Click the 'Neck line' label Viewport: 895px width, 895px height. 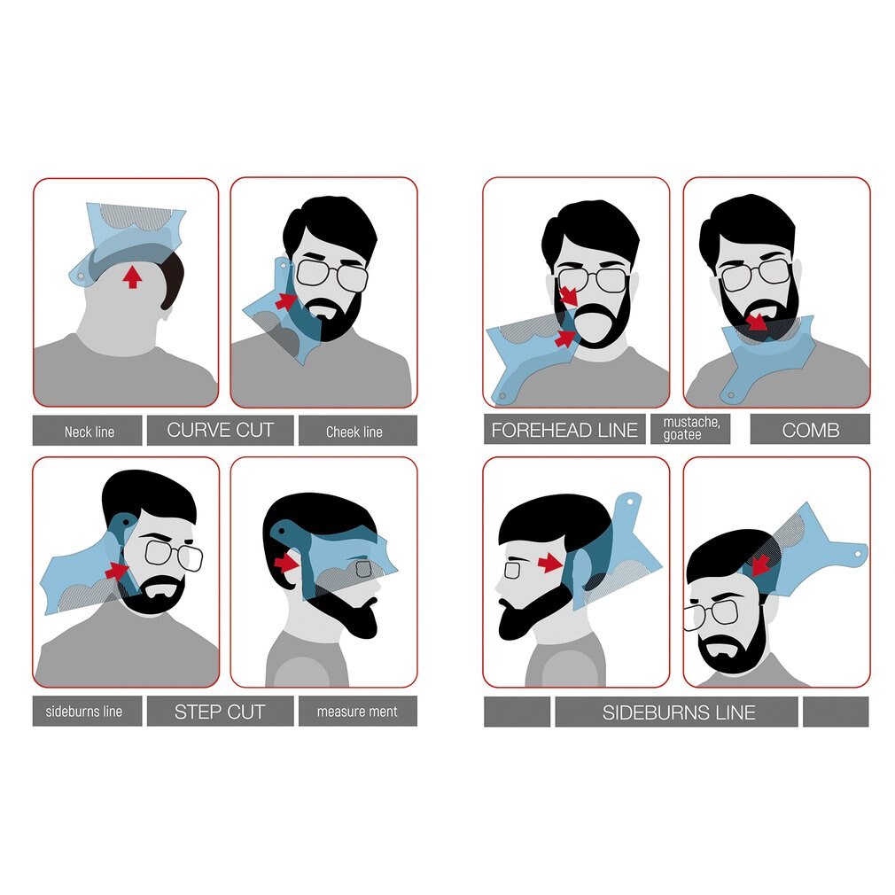tap(89, 432)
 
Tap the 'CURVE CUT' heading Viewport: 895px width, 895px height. tap(220, 431)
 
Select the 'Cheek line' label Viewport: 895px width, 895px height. tap(354, 432)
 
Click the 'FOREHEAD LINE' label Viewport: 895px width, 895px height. tap(564, 430)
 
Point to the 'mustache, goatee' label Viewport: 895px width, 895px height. tap(691, 429)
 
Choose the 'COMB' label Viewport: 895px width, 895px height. tap(810, 430)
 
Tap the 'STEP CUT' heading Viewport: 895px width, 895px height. tap(220, 712)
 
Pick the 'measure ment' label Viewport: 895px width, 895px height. tap(357, 712)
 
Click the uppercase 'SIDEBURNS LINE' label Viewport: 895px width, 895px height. tap(679, 712)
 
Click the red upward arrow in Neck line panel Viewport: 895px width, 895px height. tap(132, 277)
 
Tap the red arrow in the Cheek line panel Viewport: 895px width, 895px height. tap(285, 301)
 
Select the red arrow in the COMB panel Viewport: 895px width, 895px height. tap(756, 321)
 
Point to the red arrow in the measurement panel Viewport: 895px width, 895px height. tap(284, 562)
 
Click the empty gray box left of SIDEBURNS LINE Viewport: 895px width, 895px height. tap(517, 712)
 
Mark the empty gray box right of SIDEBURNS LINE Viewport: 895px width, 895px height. tap(836, 712)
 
